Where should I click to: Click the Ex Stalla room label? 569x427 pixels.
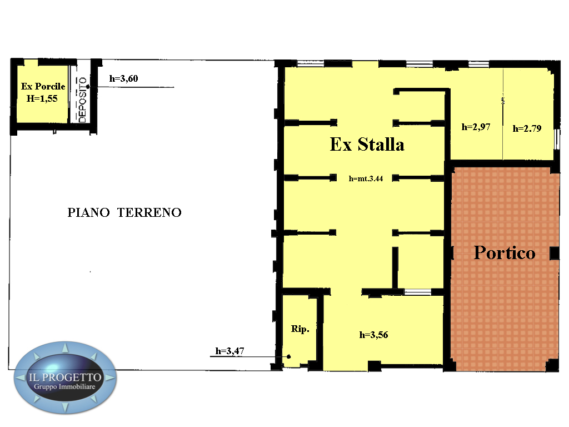[367, 144]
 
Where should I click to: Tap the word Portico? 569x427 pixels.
[505, 253]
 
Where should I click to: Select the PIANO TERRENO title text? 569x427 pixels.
[124, 212]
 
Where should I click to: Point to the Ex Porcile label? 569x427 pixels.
[43, 86]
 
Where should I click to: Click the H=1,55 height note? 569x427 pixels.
[42, 98]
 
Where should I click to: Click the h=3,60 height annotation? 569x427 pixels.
[124, 78]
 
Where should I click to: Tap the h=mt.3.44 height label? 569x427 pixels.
[366, 178]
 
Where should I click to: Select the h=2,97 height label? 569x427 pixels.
[476, 127]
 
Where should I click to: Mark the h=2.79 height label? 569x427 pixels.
[527, 128]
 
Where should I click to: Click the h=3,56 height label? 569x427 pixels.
[374, 335]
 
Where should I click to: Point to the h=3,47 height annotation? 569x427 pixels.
[229, 351]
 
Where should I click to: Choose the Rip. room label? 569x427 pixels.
[300, 329]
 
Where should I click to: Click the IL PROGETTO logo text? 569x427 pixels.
[65, 378]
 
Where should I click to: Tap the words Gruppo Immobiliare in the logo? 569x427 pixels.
[64, 387]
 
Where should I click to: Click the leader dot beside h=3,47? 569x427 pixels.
[289, 356]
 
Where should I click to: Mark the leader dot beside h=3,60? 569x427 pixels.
[88, 87]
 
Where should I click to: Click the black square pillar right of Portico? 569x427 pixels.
[555, 254]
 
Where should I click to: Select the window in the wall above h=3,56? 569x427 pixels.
[418, 292]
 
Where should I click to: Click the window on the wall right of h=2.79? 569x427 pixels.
[557, 139]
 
